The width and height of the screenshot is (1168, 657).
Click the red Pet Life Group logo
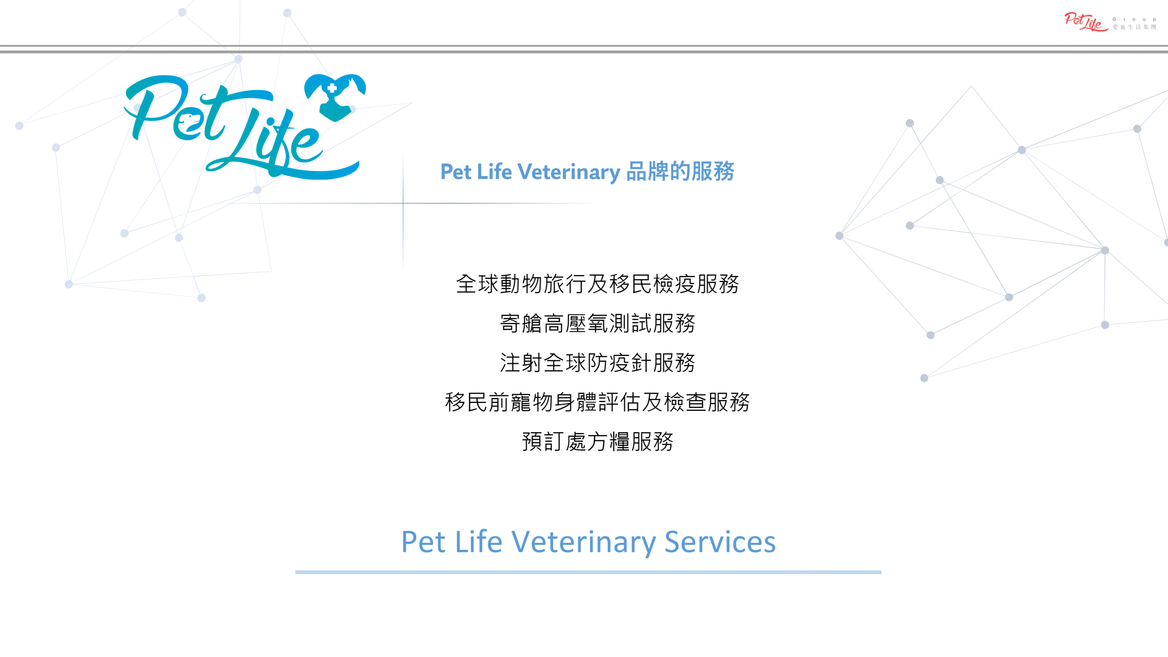click(1086, 22)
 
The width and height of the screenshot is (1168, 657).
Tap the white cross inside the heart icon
click(332, 88)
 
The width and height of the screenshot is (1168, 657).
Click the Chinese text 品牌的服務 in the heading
click(680, 171)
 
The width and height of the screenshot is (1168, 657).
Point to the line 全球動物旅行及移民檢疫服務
click(597, 284)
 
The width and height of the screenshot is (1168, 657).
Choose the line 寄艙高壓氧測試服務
click(597, 323)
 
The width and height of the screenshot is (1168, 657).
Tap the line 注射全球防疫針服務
click(597, 363)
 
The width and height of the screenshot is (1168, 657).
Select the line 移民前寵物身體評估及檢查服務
click(597, 402)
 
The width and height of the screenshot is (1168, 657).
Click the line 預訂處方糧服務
click(597, 442)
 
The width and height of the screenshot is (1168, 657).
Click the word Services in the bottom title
click(720, 542)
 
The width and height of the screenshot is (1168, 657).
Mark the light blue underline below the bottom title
click(588, 572)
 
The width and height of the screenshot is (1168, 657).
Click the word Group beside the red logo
click(1134, 20)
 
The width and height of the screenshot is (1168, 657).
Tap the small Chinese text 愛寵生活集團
click(1134, 27)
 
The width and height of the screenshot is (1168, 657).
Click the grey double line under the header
click(584, 49)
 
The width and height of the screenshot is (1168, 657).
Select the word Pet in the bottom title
click(423, 542)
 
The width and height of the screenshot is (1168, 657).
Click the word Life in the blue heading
click(495, 172)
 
